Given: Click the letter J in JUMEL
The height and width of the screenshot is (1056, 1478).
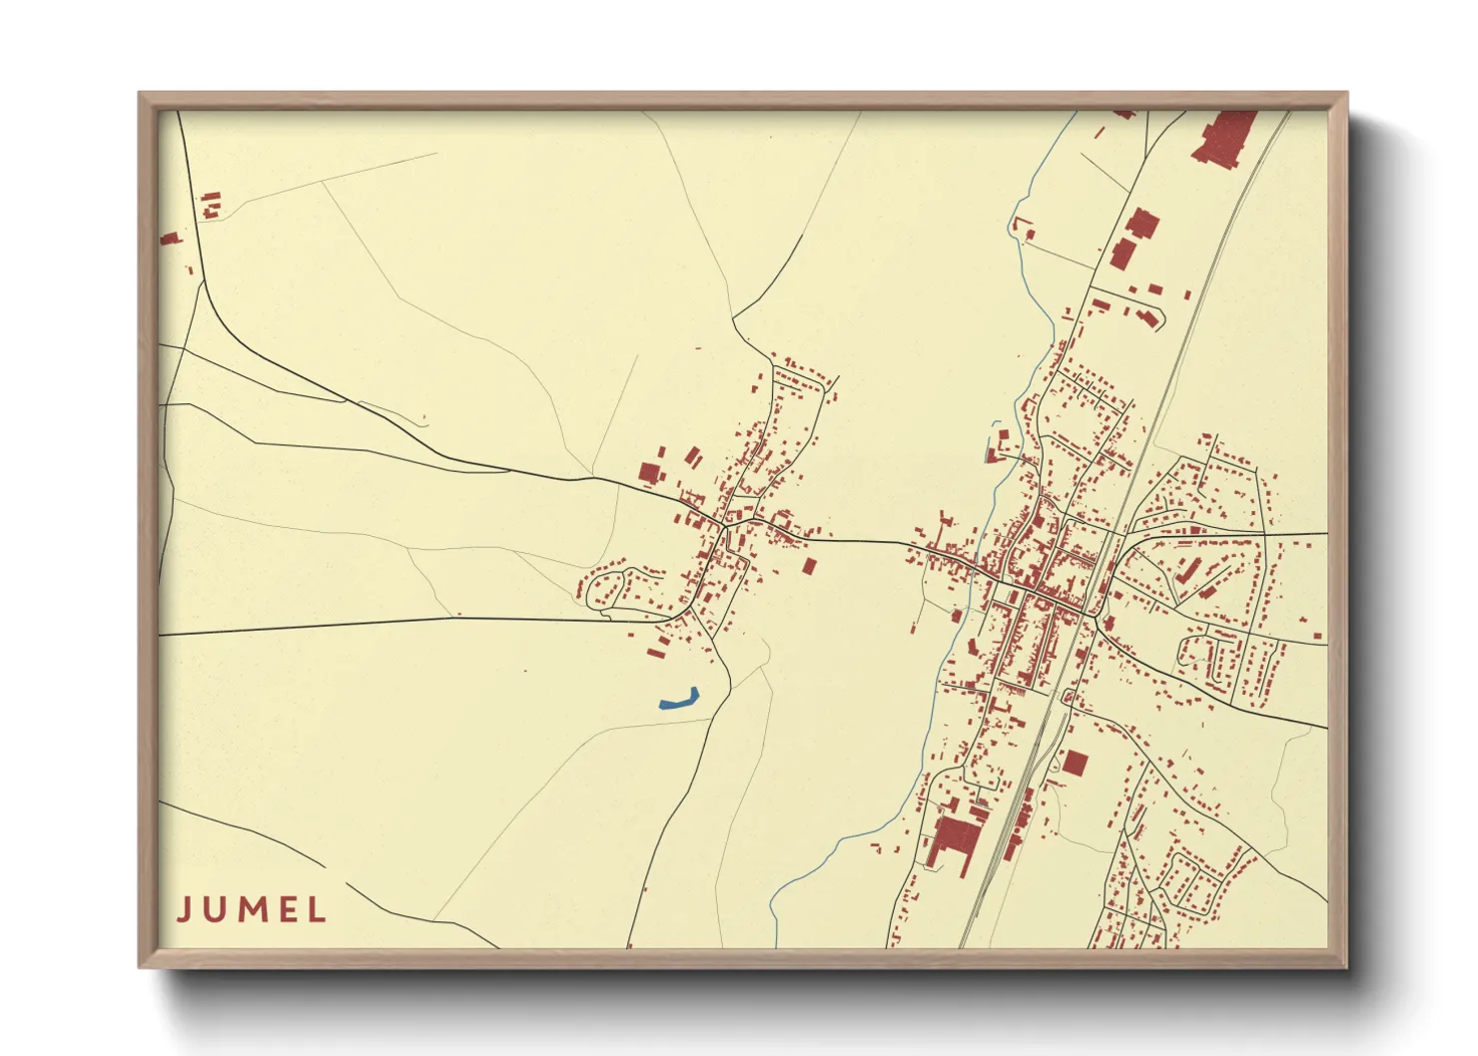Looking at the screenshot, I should pyautogui.click(x=184, y=909).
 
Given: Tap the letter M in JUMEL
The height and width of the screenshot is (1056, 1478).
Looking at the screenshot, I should pyautogui.click(x=251, y=909).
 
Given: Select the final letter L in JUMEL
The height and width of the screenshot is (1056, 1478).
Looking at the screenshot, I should pyautogui.click(x=318, y=909).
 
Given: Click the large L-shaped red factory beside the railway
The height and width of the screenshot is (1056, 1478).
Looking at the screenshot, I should pyautogui.click(x=953, y=838).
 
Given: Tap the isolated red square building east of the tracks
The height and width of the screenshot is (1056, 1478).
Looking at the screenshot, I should pyautogui.click(x=1075, y=764).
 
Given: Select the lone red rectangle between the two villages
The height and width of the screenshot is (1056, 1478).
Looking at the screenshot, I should pyautogui.click(x=809, y=566).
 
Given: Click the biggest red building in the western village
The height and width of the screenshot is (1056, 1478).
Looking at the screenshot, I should pyautogui.click(x=651, y=472).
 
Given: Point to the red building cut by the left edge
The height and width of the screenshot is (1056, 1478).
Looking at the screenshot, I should pyautogui.click(x=169, y=239).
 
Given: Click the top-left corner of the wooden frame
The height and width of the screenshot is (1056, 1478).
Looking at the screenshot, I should pyautogui.click(x=141, y=95).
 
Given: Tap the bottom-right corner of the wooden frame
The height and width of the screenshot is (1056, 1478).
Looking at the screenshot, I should pyautogui.click(x=1345, y=965).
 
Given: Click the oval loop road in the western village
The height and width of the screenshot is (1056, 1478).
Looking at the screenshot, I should pyautogui.click(x=607, y=588).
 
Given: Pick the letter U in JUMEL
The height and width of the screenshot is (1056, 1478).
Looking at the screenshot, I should pyautogui.click(x=215, y=909).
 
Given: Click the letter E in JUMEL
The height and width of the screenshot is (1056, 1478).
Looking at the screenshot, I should pyautogui.click(x=288, y=909).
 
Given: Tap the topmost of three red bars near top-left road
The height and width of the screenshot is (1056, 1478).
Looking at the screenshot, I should pyautogui.click(x=211, y=197).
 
